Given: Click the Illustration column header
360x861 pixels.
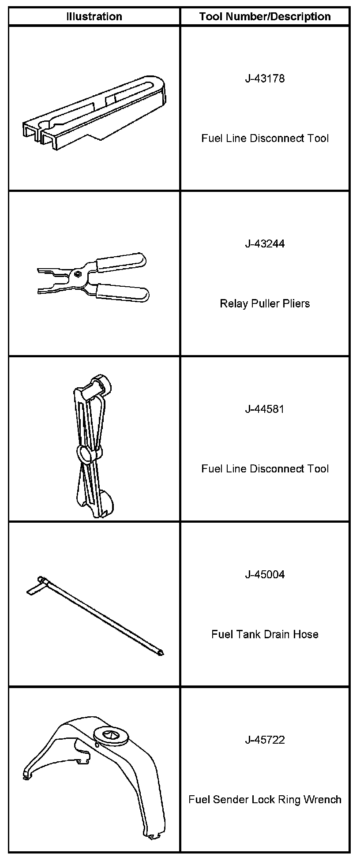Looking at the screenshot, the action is click(94, 17).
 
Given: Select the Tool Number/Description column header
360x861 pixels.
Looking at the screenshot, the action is click(265, 17).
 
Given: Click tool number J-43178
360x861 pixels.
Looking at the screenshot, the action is click(265, 79).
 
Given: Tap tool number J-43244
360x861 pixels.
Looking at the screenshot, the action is click(265, 244).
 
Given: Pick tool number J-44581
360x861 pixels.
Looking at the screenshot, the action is click(265, 409).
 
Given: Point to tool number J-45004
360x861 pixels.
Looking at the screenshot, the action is click(265, 574).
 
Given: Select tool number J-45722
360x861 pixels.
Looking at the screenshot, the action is click(265, 740).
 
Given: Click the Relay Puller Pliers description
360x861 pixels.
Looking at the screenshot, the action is click(265, 303).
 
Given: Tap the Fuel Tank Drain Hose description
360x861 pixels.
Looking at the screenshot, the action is click(265, 634).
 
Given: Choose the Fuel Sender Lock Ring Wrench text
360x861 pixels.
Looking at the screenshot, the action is click(265, 800).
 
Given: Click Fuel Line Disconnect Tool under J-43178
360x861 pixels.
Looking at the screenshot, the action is click(265, 139).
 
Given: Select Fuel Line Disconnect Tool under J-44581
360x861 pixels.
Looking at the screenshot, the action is click(265, 468).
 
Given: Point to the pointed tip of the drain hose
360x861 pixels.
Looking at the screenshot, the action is click(161, 652).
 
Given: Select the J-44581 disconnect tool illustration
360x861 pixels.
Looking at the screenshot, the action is click(94, 445).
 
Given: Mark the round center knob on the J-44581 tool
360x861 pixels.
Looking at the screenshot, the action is click(86, 453).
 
